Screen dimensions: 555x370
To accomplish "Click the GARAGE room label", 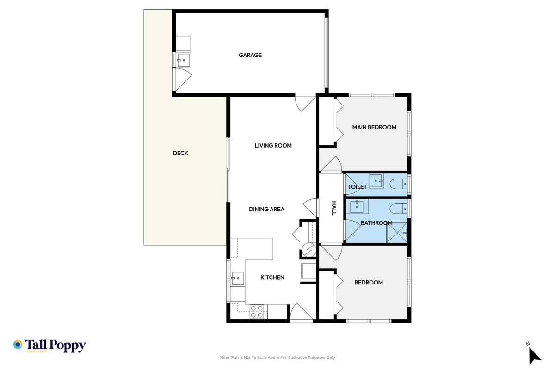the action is tap(250, 55).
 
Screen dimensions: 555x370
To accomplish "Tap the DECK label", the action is tap(180, 153).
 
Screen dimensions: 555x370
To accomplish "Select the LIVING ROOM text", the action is tap(273, 146).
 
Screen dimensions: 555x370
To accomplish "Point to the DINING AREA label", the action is tap(266, 209).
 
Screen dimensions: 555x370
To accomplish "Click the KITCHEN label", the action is tap(272, 277).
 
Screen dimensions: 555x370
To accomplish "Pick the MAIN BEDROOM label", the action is tap(374, 127).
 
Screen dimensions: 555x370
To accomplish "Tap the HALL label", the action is tap(334, 208).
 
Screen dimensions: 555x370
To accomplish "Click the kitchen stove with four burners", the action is tap(257, 312).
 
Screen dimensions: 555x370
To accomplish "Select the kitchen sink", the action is tap(238, 278).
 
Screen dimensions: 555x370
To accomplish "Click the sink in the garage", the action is tap(183, 60).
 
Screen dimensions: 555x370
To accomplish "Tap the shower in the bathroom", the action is tap(397, 233).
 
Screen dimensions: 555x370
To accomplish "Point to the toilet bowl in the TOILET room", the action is tap(398, 184).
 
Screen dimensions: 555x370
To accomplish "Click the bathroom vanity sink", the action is tap(357, 207).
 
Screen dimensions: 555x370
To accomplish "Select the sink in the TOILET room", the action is tap(376, 181).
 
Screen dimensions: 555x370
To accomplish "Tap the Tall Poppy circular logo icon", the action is tap(18, 345).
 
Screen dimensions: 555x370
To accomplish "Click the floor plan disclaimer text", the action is tap(277, 358).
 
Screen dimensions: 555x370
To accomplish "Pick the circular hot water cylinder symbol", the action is tap(309, 250).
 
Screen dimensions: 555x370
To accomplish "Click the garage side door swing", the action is tap(183, 79).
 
